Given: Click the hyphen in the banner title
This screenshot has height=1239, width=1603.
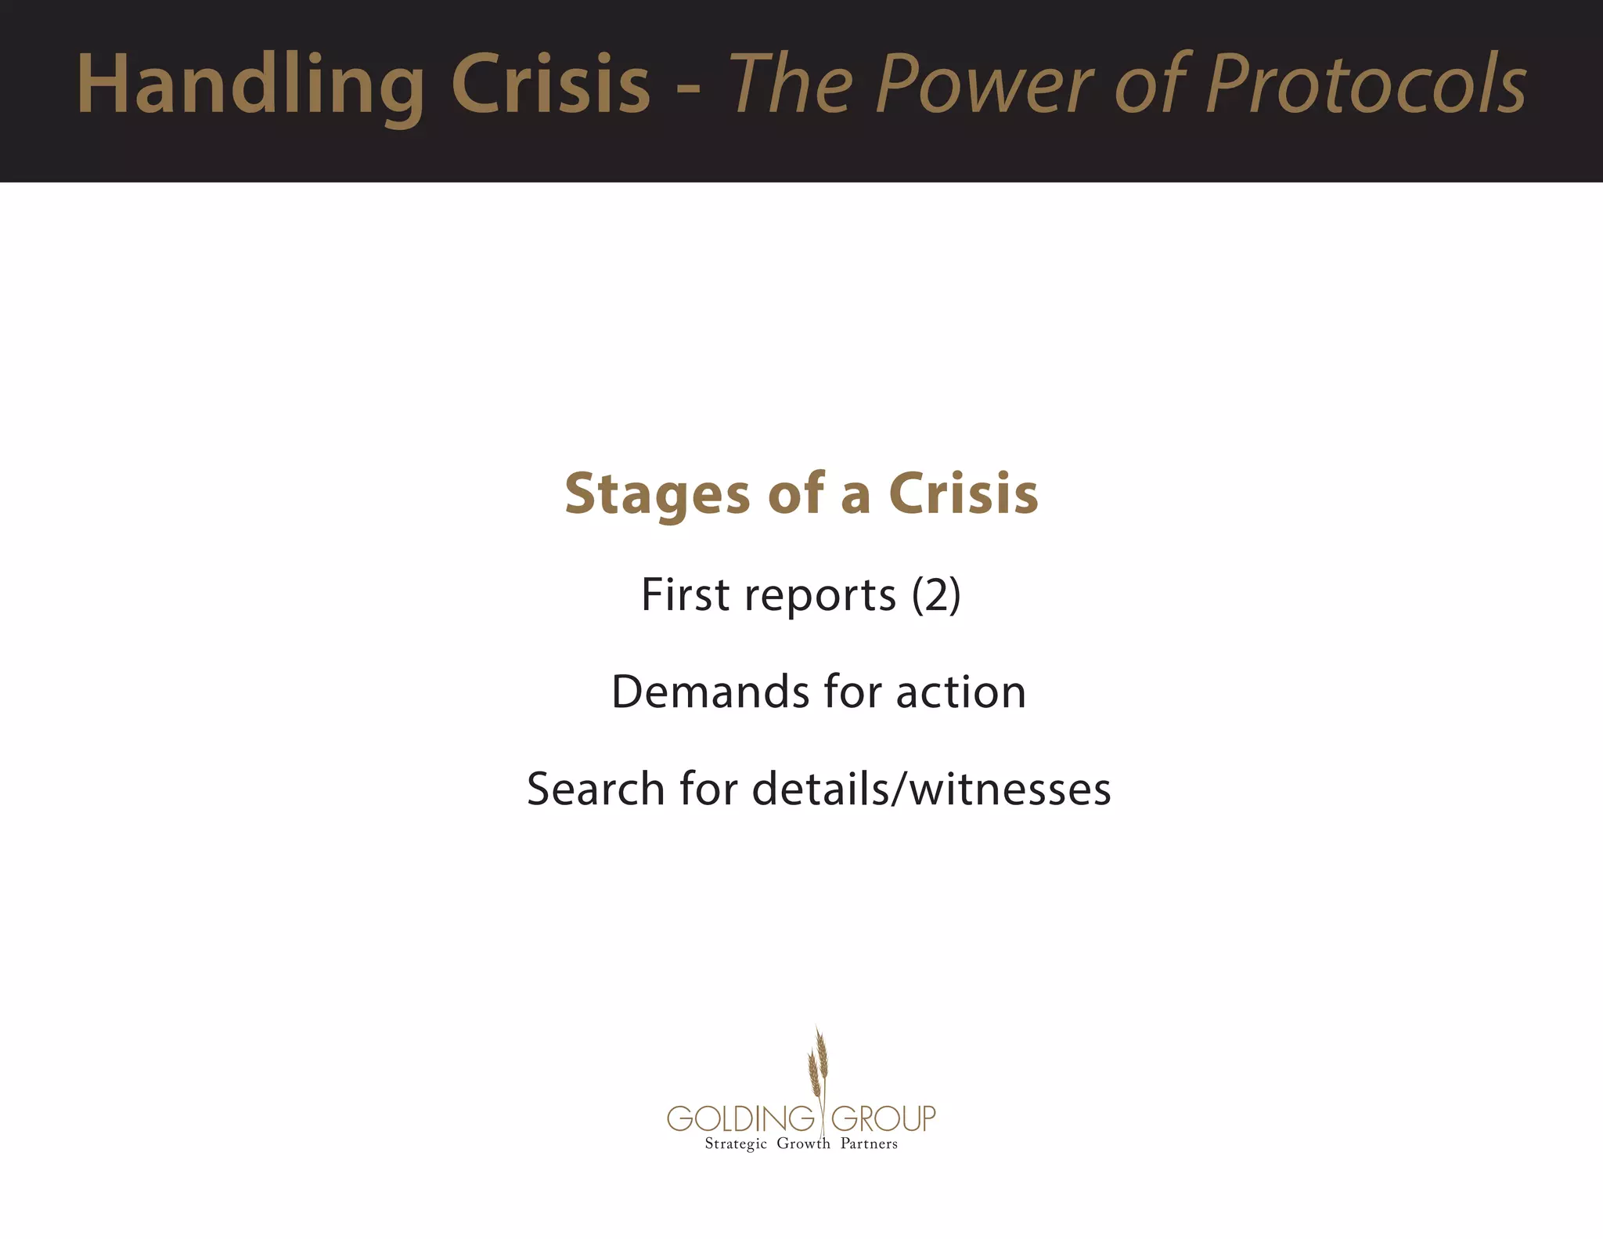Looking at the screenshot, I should coord(688,90).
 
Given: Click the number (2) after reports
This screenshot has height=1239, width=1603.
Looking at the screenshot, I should coord(936,595).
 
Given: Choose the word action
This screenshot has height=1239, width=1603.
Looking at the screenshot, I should coord(960,692).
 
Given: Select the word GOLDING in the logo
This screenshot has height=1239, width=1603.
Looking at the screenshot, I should coord(740,1118).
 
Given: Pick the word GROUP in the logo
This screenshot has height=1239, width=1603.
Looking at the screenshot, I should coord(883,1118).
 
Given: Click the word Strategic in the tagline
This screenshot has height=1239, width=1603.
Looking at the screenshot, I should coord(736,1144).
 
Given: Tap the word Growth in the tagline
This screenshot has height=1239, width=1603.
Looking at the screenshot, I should coord(803,1143).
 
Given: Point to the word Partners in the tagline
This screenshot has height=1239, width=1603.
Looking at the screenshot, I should coord(869,1143).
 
